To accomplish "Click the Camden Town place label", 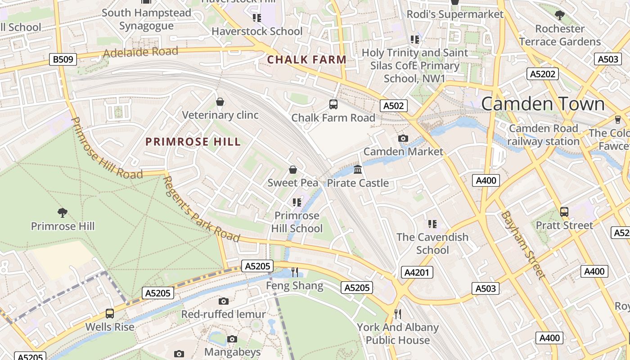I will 543,104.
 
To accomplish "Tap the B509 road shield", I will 63,59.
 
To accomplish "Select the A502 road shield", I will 394,106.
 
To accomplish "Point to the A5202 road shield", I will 542,74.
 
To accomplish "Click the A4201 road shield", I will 418,272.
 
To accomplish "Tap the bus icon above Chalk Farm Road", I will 333,104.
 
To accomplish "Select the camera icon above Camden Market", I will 403,138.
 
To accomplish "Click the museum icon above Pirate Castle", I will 358,170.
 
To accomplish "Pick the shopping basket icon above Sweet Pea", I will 293,170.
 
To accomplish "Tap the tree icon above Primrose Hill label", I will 63,212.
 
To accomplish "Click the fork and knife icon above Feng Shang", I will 295,272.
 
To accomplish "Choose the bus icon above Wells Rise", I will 109,314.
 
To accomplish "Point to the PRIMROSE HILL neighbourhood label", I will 193,142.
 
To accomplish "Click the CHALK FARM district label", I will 306,59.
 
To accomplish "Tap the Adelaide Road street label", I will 140,52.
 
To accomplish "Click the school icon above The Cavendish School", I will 432,224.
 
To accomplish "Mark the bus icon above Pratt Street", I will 564,212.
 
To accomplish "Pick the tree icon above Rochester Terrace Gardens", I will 560,16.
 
